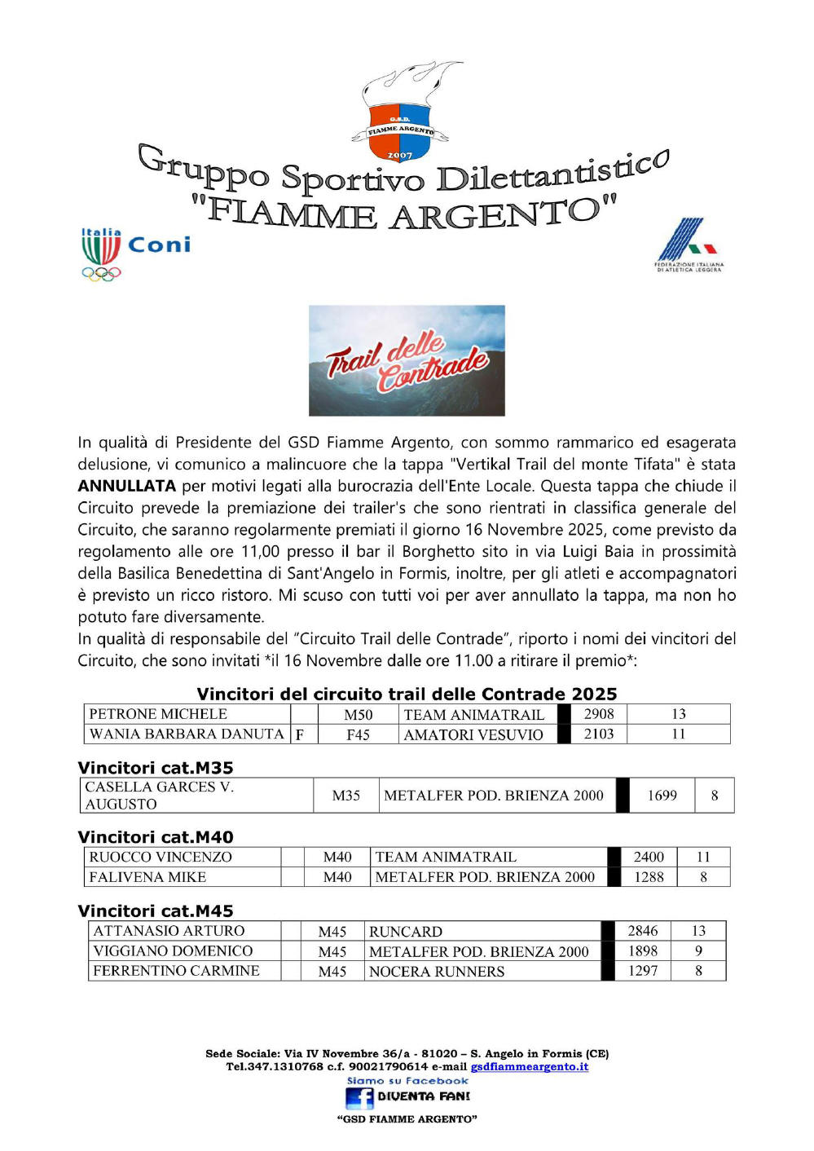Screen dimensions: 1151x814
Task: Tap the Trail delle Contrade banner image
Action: coord(407,360)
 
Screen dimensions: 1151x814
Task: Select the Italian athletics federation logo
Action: coord(689,245)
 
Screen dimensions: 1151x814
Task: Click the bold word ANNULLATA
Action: coord(126,486)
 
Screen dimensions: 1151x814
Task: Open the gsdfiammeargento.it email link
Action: coord(529,1066)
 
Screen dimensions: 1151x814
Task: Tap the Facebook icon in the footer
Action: coord(359,1098)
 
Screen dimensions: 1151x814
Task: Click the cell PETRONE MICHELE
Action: coord(158,714)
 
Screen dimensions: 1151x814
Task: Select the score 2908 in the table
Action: coord(599,714)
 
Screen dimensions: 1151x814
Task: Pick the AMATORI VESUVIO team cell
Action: coord(473,734)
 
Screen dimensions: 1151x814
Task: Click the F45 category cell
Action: coord(358,734)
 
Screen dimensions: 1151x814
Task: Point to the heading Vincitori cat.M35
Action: coord(156,768)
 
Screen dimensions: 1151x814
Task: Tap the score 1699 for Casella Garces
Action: coord(662,796)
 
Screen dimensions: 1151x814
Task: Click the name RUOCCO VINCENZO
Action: coord(161,857)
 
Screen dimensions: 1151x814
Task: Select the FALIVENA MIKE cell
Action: coord(147,877)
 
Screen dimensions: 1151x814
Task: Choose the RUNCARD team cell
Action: coord(406,932)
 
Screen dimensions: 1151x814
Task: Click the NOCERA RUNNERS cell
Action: coord(437,972)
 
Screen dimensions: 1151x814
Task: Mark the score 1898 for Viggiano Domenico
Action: coord(643,951)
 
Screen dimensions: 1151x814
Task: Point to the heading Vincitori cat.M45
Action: coord(156,911)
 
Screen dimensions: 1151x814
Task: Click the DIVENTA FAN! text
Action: coord(424,1097)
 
